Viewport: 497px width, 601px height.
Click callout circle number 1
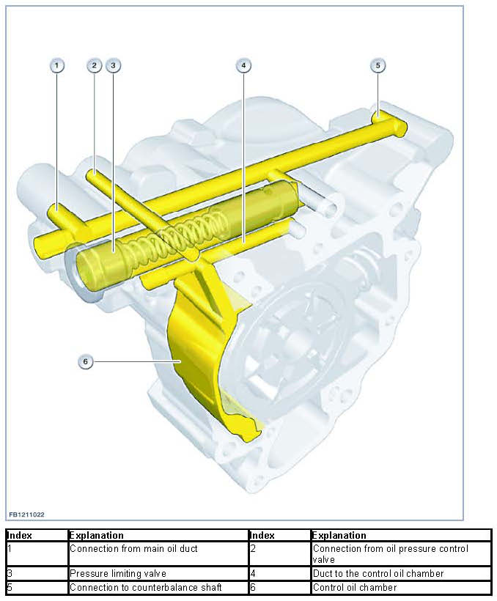pos(57,65)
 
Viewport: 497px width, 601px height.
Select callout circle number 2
pos(94,65)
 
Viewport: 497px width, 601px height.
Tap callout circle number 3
pos(112,65)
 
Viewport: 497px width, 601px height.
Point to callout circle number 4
pos(243,65)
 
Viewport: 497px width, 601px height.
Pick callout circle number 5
pos(378,65)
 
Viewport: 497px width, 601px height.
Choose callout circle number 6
pos(86,361)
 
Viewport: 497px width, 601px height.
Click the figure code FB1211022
pos(26,515)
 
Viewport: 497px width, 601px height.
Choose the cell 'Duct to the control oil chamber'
pos(378,573)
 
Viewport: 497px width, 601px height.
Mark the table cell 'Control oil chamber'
pos(355,587)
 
